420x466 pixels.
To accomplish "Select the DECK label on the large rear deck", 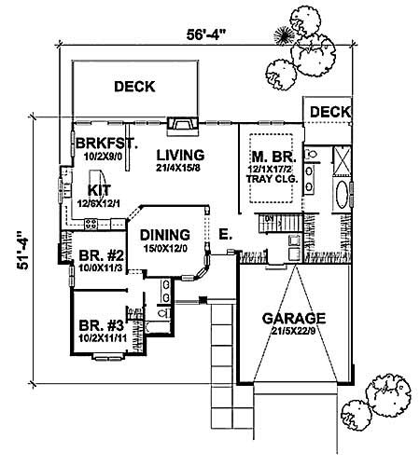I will [134, 87].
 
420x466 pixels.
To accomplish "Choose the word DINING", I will [165, 235].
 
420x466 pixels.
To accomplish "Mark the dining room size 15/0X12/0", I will [165, 247].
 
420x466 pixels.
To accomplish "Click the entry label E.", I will [225, 234].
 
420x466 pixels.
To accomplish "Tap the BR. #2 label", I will [98, 254].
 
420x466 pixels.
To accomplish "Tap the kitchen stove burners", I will [92, 222].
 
